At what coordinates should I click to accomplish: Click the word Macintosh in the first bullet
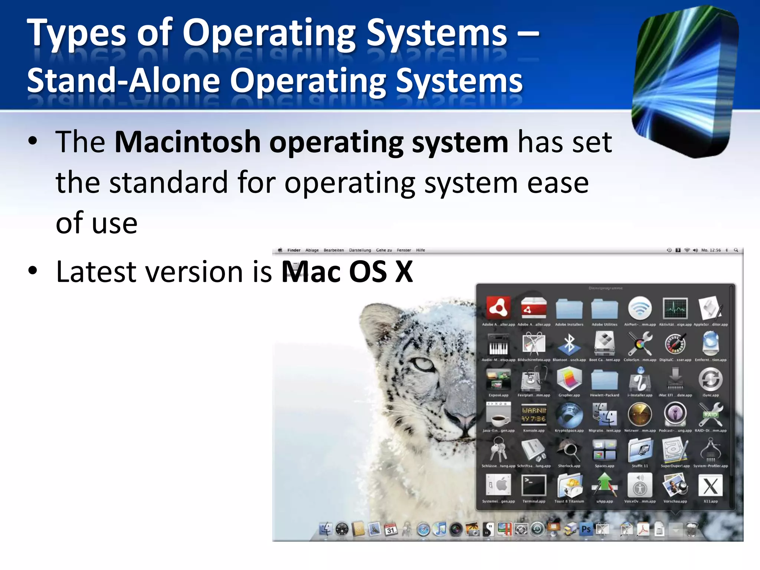pyautogui.click(x=187, y=142)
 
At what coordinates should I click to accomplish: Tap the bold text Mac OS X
pyautogui.click(x=347, y=272)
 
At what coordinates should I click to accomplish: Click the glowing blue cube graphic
pyautogui.click(x=685, y=82)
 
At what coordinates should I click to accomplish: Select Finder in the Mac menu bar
pyautogui.click(x=294, y=250)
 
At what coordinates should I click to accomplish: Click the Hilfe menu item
pyautogui.click(x=420, y=250)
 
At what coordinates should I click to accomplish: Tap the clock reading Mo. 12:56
pyautogui.click(x=711, y=250)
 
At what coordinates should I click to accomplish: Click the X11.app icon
pyautogui.click(x=710, y=486)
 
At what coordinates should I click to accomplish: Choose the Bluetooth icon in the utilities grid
pyautogui.click(x=569, y=344)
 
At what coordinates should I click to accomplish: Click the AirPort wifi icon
pyautogui.click(x=640, y=308)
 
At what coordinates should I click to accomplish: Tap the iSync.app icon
pyautogui.click(x=710, y=379)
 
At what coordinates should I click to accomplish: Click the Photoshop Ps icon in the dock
pyautogui.click(x=586, y=529)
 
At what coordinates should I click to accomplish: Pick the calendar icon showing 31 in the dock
pyautogui.click(x=390, y=530)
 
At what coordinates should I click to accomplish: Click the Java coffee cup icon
pyautogui.click(x=498, y=415)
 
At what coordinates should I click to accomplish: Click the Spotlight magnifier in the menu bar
pyautogui.click(x=736, y=250)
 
